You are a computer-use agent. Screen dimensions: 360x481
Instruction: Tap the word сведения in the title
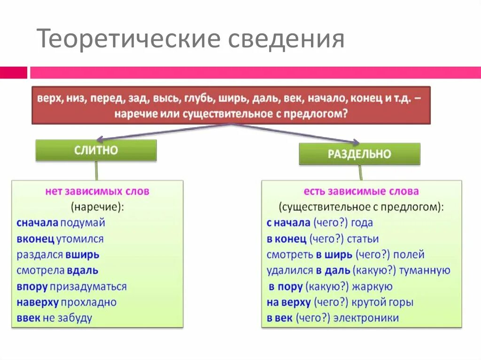coord(287,39)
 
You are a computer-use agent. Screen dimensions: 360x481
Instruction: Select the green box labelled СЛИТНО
coord(96,150)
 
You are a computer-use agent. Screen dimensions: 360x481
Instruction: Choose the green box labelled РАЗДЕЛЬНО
coord(359,153)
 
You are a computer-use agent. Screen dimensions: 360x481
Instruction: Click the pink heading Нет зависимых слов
coord(97,191)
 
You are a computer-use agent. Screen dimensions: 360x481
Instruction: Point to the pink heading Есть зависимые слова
coord(361,191)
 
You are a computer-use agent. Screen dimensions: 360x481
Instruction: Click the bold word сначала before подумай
coord(37,222)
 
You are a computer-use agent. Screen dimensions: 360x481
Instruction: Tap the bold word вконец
coord(35,238)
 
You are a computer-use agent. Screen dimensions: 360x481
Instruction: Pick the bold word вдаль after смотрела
coord(82,270)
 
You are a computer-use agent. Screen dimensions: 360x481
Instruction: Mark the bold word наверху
coord(37,302)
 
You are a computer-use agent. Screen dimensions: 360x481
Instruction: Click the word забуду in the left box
coord(75,318)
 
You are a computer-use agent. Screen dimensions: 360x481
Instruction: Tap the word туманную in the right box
coord(426,270)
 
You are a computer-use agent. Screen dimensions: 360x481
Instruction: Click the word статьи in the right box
coord(363,239)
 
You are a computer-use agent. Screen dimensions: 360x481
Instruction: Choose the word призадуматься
coord(88,286)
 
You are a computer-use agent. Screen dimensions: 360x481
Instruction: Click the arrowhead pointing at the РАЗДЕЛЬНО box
coord(356,142)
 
